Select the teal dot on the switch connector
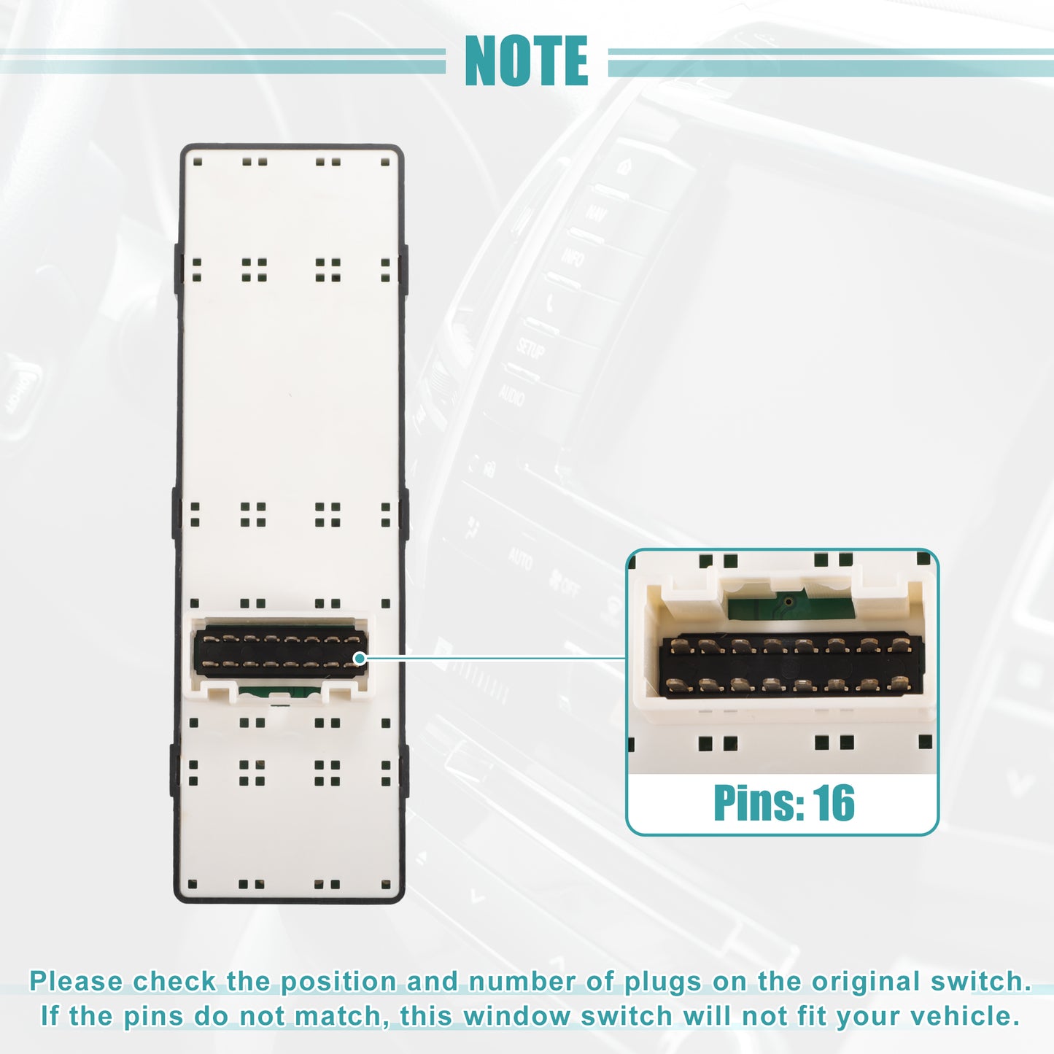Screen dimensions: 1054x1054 point(360,658)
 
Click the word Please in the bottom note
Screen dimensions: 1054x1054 point(76,981)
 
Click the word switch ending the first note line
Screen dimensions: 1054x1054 point(975,981)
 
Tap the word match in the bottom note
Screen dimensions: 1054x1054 point(338,1016)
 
